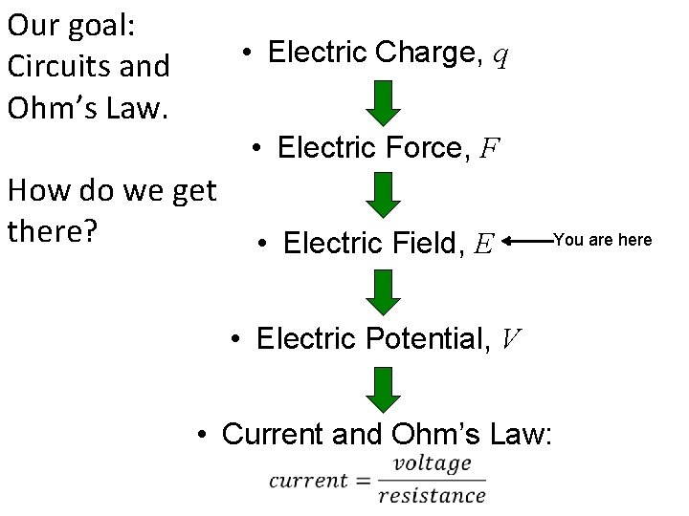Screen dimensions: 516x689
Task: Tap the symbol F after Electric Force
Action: [x=489, y=149]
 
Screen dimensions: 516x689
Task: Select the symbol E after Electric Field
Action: [x=483, y=245]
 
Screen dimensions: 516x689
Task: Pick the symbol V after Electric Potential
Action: [x=511, y=339]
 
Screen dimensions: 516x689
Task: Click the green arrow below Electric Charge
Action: [x=383, y=102]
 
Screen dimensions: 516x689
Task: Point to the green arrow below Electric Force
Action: [x=383, y=196]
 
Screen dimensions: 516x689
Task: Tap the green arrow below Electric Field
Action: [x=383, y=291]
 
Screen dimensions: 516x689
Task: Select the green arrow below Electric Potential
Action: [x=383, y=388]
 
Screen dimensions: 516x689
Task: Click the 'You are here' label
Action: [x=603, y=240]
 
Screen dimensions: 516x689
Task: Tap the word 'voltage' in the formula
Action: [x=433, y=464]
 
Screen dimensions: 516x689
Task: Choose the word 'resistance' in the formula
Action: [x=432, y=495]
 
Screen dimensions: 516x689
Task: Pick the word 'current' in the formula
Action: [x=307, y=481]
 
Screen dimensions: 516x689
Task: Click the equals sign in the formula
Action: [x=363, y=481]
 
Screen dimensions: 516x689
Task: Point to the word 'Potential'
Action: [x=432, y=338]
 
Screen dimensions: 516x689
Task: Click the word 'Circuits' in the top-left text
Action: [x=47, y=67]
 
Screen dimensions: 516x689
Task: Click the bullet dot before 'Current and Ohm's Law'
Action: [x=203, y=436]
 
